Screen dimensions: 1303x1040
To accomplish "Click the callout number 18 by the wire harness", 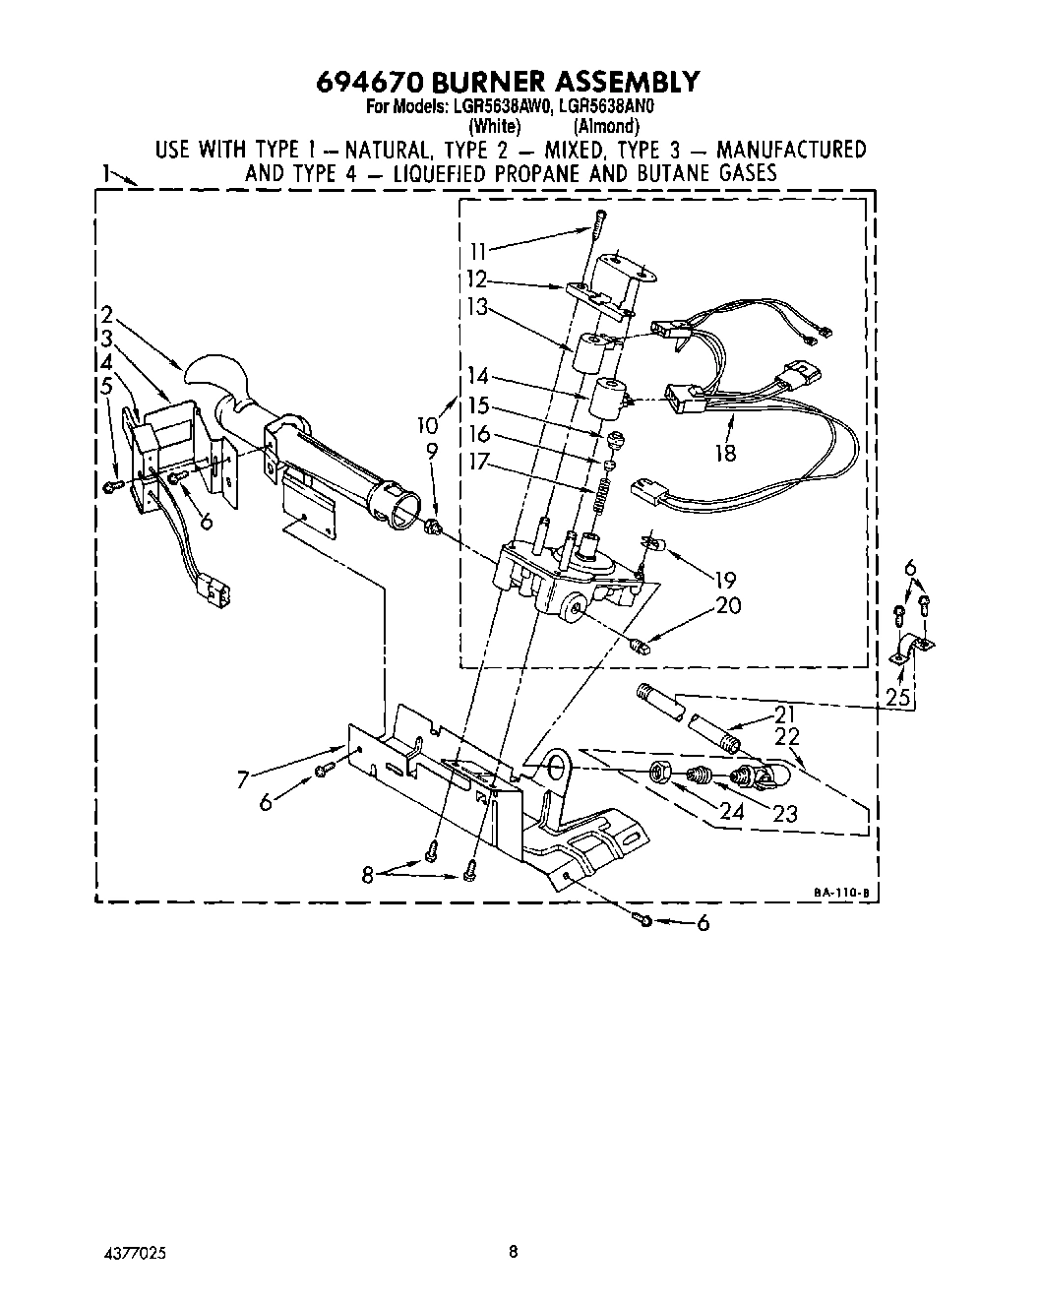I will point(726,455).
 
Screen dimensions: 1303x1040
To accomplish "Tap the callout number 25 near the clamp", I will point(897,698).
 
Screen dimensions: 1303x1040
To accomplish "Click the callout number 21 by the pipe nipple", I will point(784,714).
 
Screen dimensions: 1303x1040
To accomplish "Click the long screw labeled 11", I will point(595,236).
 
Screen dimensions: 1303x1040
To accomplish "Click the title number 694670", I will point(370,81).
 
